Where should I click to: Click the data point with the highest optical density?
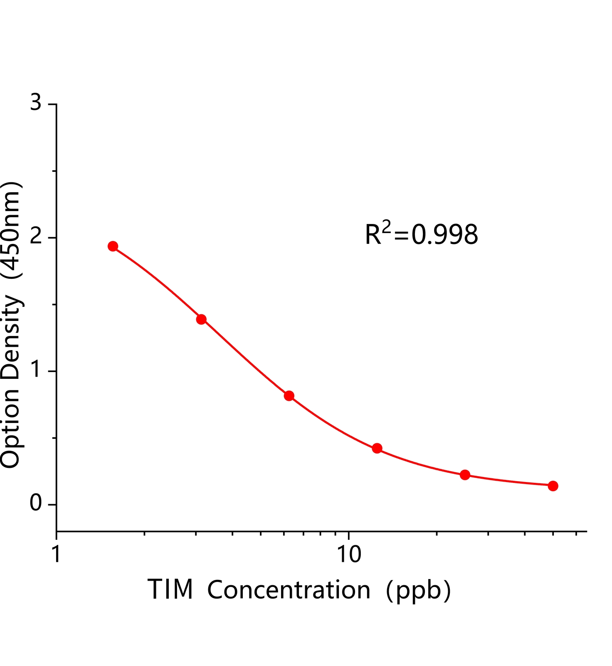coord(113,246)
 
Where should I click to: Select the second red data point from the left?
coord(201,319)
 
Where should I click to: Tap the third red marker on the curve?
coord(289,395)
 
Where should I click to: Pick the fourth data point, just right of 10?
coord(377,448)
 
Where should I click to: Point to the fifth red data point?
coord(465,475)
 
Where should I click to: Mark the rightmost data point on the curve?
coord(553,486)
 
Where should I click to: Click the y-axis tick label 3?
coord(36,102)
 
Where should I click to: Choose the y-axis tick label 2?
coord(36,237)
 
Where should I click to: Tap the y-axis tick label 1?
coord(36,370)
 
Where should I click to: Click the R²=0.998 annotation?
coord(421,234)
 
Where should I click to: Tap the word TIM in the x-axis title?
coord(170,589)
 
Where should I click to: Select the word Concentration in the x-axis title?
coord(289,589)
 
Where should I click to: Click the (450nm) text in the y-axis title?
coord(12,230)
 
